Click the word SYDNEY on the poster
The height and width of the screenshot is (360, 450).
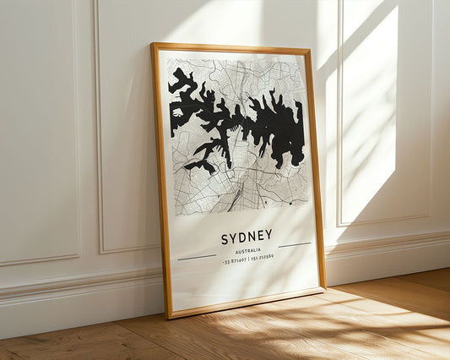247,237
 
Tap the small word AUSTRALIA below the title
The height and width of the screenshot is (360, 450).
248,251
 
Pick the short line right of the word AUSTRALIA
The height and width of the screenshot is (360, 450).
295,245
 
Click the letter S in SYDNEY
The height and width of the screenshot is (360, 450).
225,239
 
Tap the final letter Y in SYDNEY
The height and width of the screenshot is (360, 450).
268,235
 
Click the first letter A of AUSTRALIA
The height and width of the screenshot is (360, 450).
237,252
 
